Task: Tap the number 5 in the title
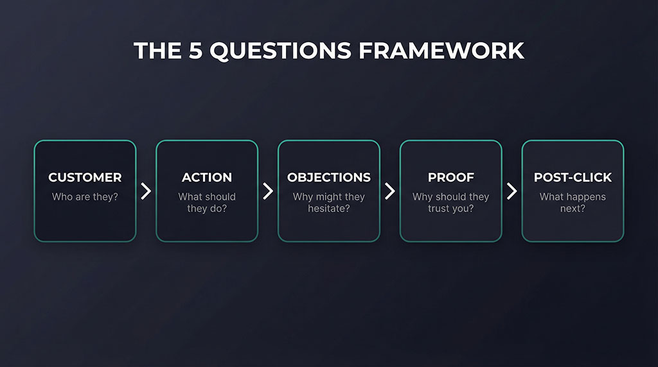point(195,51)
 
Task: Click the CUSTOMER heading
point(85,178)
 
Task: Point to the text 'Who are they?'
point(85,197)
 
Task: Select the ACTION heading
point(207,178)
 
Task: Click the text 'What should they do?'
point(207,203)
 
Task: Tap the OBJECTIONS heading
point(329,178)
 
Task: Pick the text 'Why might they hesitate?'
point(329,203)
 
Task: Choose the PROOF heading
point(450,178)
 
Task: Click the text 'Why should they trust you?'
point(450,203)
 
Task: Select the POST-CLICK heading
point(573,178)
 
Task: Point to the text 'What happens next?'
point(573,203)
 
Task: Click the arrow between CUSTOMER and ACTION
point(147,191)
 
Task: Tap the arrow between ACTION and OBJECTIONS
point(268,191)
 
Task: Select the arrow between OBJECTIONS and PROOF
point(390,191)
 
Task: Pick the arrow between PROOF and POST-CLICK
point(512,191)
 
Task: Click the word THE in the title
point(156,51)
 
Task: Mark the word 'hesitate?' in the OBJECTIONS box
point(329,209)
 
